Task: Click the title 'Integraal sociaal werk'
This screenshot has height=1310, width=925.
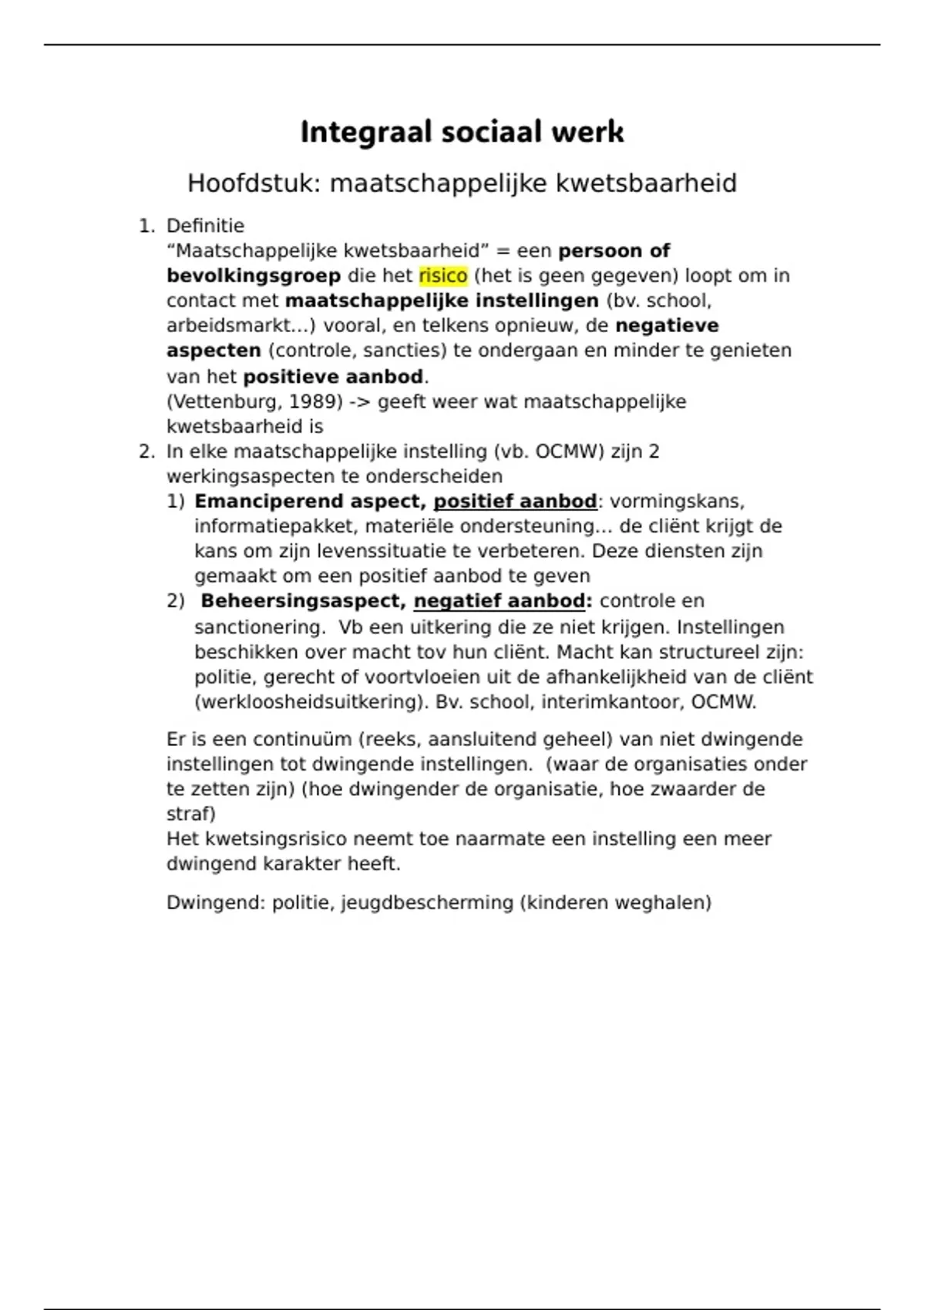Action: tap(462, 132)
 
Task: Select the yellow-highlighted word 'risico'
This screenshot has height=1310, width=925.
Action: tap(443, 276)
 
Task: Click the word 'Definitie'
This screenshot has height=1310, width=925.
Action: tap(205, 226)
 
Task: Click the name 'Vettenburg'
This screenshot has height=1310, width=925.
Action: tap(225, 401)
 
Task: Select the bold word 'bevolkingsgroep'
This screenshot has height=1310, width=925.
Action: tap(254, 276)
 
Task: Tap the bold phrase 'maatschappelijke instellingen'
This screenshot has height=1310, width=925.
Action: tap(442, 301)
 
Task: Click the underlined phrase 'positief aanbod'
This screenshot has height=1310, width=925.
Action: tap(515, 502)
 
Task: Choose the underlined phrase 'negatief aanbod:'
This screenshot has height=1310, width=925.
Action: tap(503, 601)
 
